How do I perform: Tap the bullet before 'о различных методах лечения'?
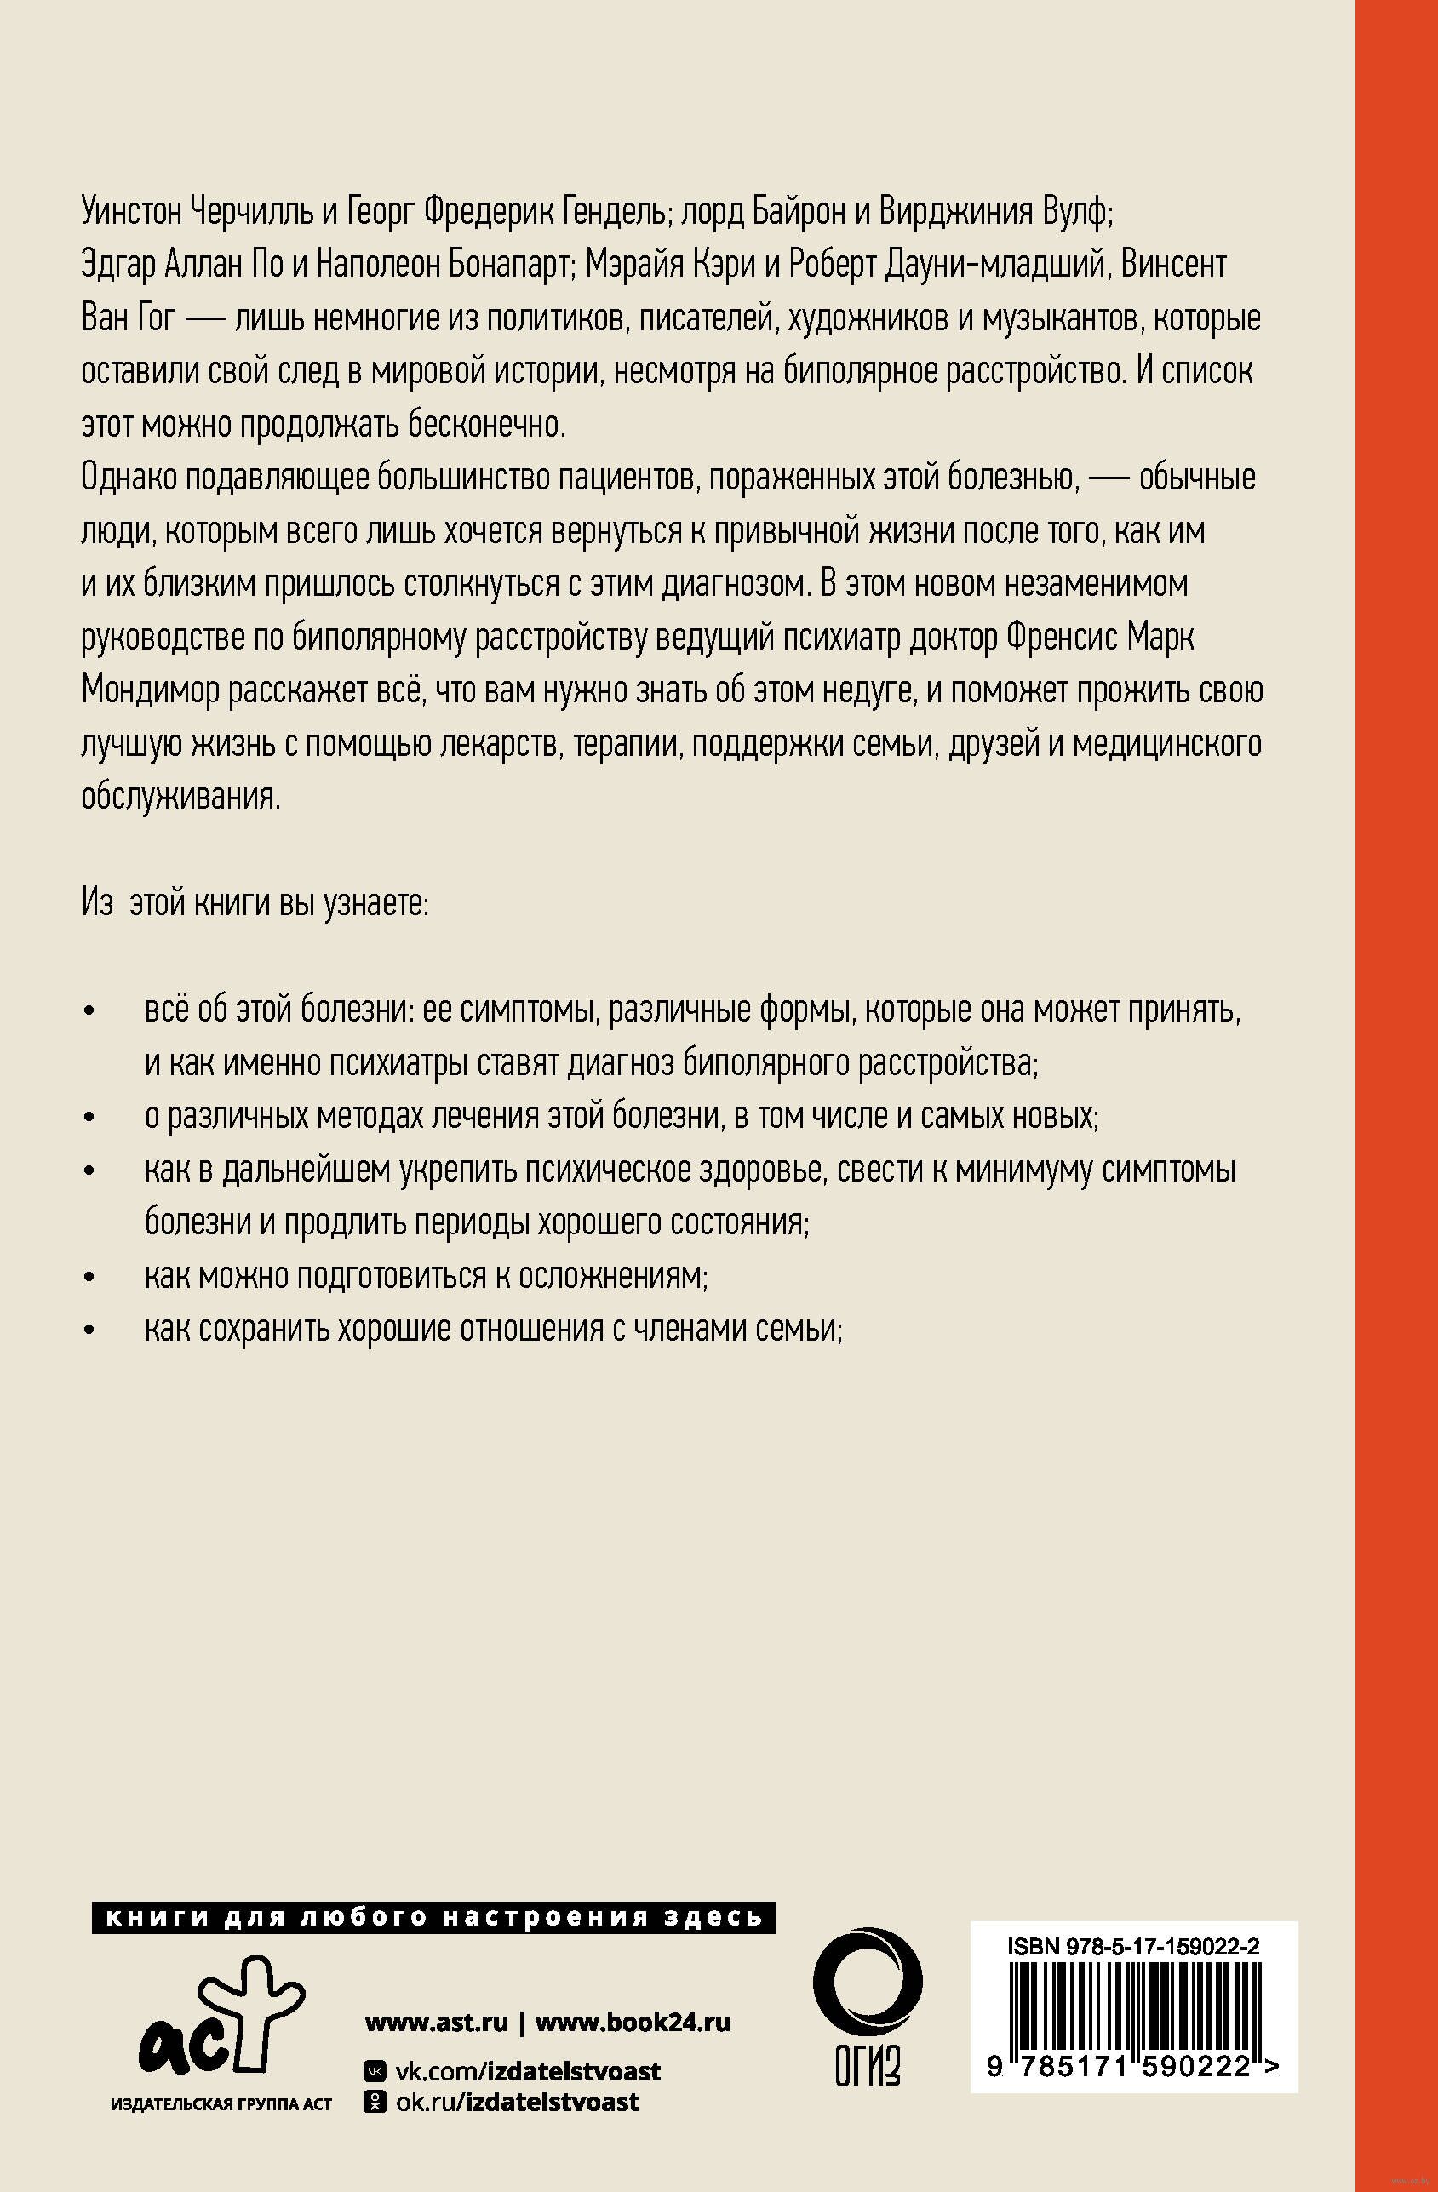coord(89,1119)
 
